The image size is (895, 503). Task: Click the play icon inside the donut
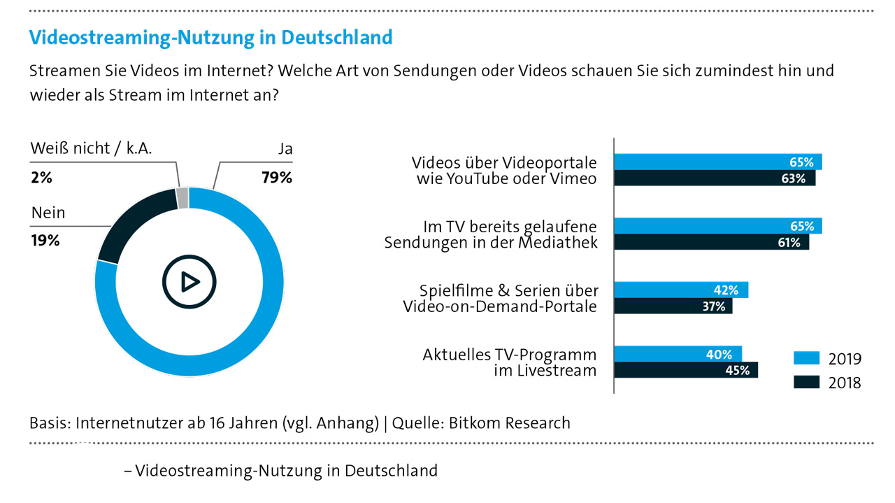tap(189, 281)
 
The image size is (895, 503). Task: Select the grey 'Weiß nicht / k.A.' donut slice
tap(182, 198)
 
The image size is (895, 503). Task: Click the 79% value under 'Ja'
tap(276, 178)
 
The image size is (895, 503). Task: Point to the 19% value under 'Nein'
tap(45, 240)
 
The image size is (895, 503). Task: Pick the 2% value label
tap(41, 178)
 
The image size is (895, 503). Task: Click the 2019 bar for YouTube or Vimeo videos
tap(717, 162)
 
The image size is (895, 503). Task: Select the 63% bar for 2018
tap(714, 178)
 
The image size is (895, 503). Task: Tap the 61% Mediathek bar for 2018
tap(711, 243)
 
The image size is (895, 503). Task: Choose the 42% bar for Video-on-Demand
tap(680, 290)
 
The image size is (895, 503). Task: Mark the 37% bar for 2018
tap(673, 306)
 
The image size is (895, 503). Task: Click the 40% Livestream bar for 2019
tap(678, 355)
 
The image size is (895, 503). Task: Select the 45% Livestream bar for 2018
tap(686, 370)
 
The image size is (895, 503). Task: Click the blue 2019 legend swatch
tap(805, 359)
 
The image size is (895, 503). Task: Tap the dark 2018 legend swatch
tap(805, 382)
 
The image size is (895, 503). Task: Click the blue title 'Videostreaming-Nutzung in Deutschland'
tap(210, 37)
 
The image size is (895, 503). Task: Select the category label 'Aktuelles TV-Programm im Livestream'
tap(509, 362)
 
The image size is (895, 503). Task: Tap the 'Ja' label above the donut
tap(284, 149)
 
